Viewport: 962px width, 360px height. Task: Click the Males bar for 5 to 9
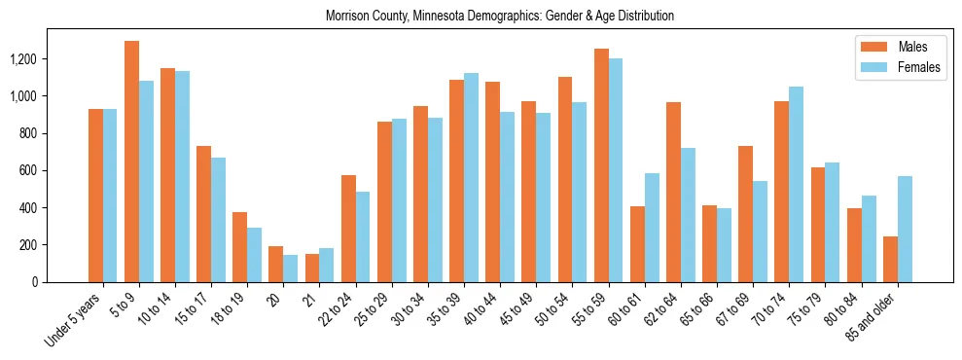click(x=131, y=162)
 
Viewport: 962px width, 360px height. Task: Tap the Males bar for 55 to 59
click(x=601, y=165)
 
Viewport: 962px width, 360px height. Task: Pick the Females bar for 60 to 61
click(x=652, y=228)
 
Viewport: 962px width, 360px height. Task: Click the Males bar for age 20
click(x=276, y=264)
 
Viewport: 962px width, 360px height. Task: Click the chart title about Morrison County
click(x=499, y=17)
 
